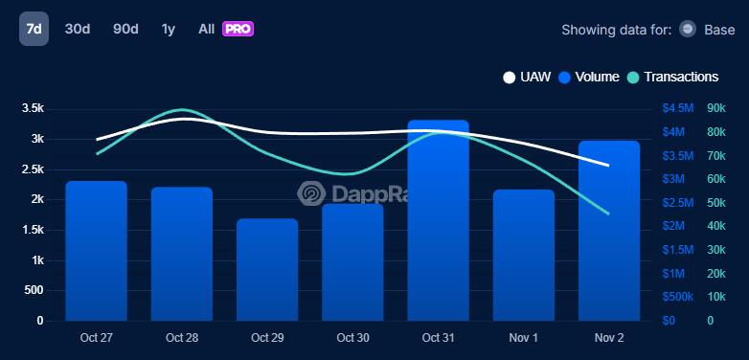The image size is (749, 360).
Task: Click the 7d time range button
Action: click(x=34, y=29)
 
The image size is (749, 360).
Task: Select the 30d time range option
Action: click(x=78, y=29)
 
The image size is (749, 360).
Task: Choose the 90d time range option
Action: click(x=125, y=29)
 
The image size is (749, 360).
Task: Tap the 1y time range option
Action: click(x=169, y=29)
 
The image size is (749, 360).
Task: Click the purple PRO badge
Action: click(x=238, y=29)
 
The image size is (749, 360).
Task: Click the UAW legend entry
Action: click(x=527, y=77)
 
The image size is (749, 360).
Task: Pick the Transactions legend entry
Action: click(x=672, y=77)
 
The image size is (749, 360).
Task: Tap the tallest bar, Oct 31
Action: click(x=438, y=220)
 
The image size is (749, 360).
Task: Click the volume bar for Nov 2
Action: click(x=609, y=231)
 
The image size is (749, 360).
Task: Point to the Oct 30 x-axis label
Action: click(x=352, y=338)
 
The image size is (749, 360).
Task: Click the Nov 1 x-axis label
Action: click(x=524, y=338)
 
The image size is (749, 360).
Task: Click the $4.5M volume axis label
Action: click(x=680, y=108)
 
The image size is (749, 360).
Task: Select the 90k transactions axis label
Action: click(x=715, y=108)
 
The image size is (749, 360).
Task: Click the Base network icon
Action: click(x=687, y=30)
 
